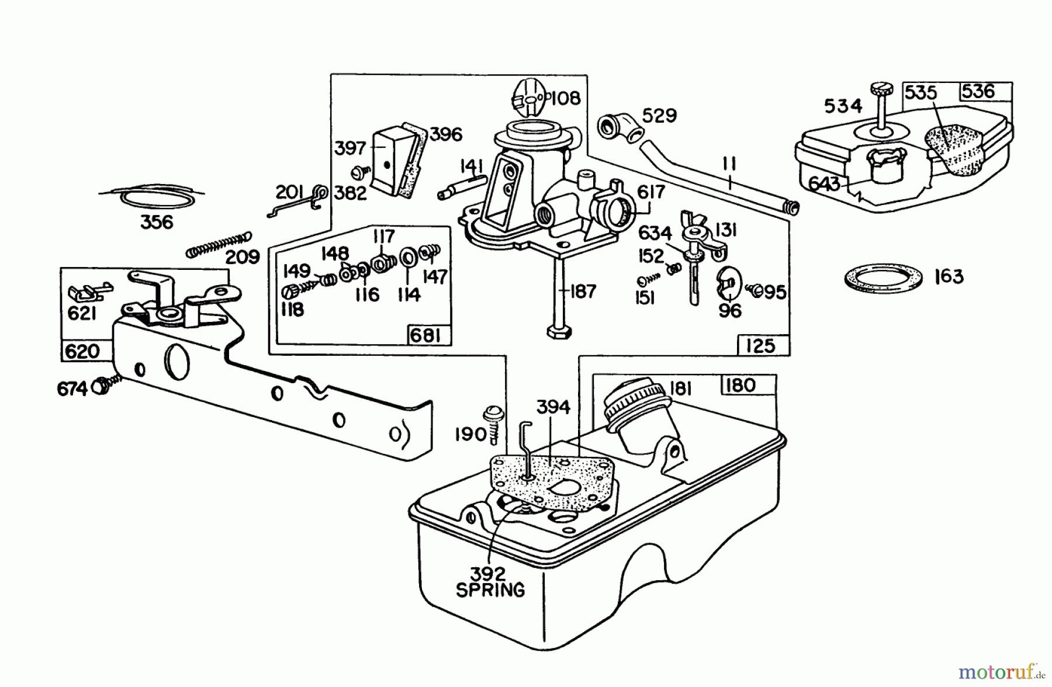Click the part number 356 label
click(157, 222)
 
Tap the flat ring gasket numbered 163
click(883, 277)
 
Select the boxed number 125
click(760, 346)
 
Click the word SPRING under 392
click(490, 590)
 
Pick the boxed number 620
click(82, 351)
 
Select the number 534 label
click(843, 106)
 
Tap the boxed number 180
click(740, 386)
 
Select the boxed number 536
click(978, 91)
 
